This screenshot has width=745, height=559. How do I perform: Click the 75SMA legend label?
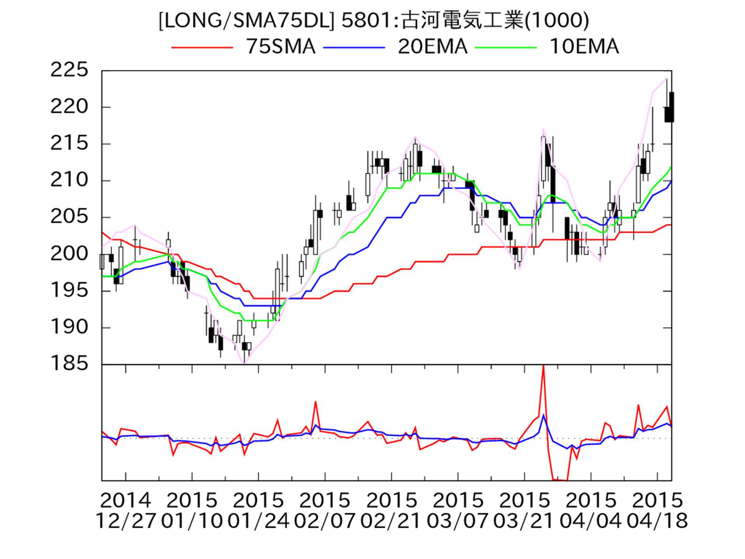(x=281, y=47)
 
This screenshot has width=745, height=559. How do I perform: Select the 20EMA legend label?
(x=432, y=47)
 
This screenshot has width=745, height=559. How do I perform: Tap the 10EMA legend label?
(x=584, y=47)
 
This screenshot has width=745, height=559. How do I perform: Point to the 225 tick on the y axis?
(x=69, y=70)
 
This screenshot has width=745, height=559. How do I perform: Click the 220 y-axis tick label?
(x=69, y=107)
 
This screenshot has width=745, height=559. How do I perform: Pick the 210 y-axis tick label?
(x=69, y=180)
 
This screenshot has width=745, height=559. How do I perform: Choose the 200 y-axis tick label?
(x=69, y=254)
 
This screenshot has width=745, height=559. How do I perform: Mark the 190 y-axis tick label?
(x=69, y=327)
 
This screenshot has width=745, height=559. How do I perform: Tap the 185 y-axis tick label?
(x=69, y=364)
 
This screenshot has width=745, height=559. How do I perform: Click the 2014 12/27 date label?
(x=125, y=510)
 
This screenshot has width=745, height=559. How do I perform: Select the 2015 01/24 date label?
(x=258, y=510)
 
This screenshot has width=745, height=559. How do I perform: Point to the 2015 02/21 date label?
(x=391, y=510)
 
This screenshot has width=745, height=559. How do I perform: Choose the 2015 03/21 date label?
(x=524, y=510)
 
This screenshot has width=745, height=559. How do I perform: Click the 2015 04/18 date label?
(x=657, y=510)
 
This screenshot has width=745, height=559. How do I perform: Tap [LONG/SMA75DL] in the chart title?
(x=246, y=20)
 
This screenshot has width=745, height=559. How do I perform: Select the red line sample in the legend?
(x=202, y=47)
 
